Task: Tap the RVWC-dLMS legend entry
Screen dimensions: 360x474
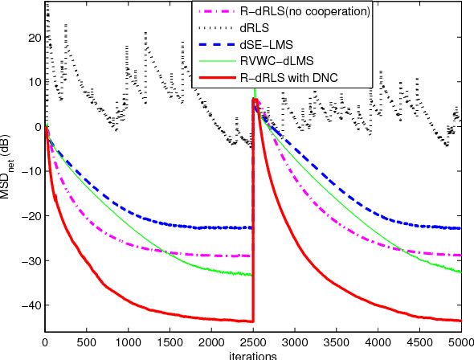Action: tap(275, 62)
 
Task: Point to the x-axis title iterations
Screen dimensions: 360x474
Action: tap(252, 354)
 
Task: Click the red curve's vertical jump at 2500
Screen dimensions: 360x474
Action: tap(253, 209)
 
